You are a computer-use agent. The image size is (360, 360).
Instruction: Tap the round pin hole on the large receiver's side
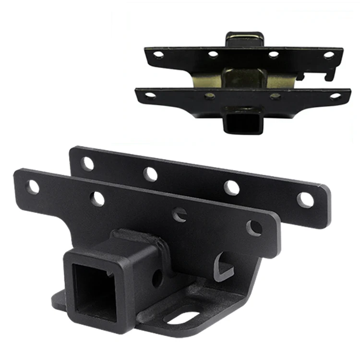(x=157, y=277)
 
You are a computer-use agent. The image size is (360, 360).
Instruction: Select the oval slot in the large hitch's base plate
(x=182, y=317)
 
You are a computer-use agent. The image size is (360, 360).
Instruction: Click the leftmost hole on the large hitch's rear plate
(x=87, y=164)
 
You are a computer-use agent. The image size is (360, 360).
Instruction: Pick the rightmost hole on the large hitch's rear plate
(x=305, y=200)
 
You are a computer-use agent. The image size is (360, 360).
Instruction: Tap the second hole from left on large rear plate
(x=150, y=174)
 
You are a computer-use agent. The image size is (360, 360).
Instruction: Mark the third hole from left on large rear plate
(x=231, y=187)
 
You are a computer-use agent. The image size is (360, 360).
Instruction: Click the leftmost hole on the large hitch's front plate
(x=33, y=187)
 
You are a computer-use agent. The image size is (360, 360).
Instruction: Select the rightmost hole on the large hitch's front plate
(x=254, y=228)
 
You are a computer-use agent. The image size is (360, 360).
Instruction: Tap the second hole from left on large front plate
(x=97, y=198)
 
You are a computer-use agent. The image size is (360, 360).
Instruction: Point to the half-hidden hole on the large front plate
(x=180, y=214)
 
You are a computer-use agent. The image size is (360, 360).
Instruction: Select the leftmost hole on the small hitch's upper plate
(x=158, y=54)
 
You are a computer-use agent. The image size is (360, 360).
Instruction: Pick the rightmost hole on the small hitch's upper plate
(x=329, y=55)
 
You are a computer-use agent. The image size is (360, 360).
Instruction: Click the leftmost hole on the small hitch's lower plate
(x=150, y=95)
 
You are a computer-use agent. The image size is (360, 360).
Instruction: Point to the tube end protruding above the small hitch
(x=244, y=39)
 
